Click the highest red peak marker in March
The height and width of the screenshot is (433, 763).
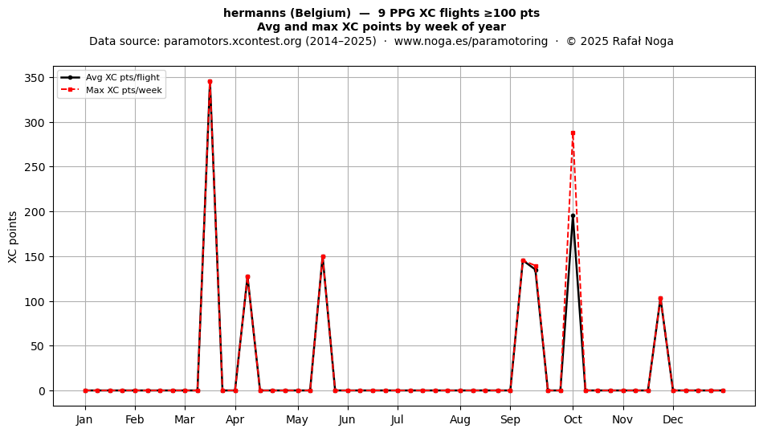(x=210, y=82)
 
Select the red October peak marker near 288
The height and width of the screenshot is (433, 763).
(x=573, y=133)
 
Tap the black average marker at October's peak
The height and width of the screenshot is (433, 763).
(x=573, y=215)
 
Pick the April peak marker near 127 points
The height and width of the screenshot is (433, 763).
(x=247, y=277)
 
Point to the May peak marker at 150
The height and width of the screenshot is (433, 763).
(x=323, y=256)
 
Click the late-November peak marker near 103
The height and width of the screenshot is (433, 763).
(x=660, y=299)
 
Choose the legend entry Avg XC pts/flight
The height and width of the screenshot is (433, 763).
(x=123, y=77)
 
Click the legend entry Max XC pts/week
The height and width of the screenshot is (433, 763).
(x=124, y=90)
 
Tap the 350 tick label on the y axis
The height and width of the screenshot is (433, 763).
(x=35, y=78)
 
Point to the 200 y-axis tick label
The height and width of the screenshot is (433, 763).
(x=35, y=212)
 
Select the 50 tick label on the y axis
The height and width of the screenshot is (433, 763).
(x=38, y=346)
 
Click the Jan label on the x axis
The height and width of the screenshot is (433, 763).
(x=84, y=419)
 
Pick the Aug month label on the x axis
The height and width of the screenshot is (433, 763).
(x=460, y=419)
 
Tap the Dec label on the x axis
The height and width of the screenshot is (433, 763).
(x=673, y=419)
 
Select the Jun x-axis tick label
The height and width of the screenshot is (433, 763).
(x=347, y=419)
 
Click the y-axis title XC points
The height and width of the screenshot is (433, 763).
(x=13, y=237)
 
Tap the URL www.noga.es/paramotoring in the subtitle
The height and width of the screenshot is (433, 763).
(x=471, y=41)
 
